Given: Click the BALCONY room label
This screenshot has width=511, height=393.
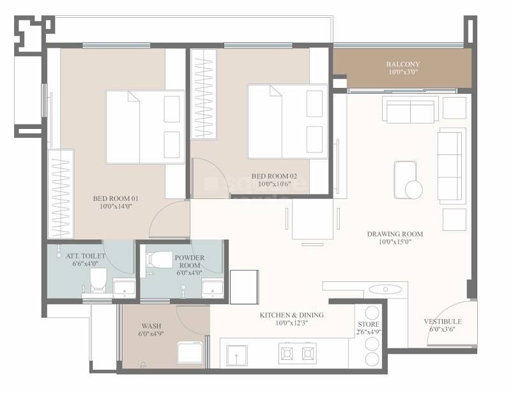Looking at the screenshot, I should click(403, 64).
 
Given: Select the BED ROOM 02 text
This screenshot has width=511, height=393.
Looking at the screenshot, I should click(274, 176).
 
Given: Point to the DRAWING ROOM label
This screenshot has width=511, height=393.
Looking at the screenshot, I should click(395, 234).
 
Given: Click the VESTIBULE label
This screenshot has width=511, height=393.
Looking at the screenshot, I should click(443, 322).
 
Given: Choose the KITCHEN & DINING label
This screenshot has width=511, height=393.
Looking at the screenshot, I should click(291, 315).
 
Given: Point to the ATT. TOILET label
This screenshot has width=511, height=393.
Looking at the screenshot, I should click(86, 256).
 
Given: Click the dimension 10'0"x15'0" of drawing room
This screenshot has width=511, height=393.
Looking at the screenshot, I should click(395, 242).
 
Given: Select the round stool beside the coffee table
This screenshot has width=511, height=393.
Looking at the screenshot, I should click(413, 189).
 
